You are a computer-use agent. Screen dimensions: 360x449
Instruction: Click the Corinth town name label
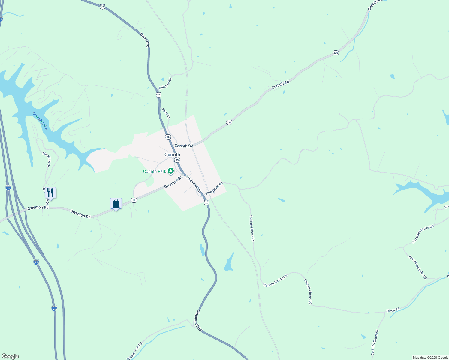172,154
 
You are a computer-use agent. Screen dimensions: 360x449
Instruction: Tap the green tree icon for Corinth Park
171,171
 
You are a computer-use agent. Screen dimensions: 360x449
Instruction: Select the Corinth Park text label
155,171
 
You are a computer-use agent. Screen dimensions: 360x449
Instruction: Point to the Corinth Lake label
40,121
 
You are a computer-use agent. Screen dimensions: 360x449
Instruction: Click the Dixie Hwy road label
145,40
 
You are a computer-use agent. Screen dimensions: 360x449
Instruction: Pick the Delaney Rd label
165,84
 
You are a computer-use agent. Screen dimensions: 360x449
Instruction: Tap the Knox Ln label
166,113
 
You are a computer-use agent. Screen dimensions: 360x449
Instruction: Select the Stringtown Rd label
214,188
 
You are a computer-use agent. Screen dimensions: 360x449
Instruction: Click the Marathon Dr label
46,159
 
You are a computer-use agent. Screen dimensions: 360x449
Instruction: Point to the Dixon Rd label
393,310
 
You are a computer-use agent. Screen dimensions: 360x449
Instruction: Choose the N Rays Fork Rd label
134,351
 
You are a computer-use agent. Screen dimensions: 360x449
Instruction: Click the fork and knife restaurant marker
50,193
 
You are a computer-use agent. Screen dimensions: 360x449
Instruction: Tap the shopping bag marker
116,204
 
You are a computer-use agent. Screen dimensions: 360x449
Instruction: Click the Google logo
10,356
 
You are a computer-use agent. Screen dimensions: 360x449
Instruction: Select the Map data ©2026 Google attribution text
430,358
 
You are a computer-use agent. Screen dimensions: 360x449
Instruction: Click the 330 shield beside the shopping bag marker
134,200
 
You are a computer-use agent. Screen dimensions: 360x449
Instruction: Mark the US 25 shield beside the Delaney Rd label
158,95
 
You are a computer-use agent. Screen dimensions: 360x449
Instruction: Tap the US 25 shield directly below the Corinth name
177,160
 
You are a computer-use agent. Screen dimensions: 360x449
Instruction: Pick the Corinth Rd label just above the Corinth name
184,146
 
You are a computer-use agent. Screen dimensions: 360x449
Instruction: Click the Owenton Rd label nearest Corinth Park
173,182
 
